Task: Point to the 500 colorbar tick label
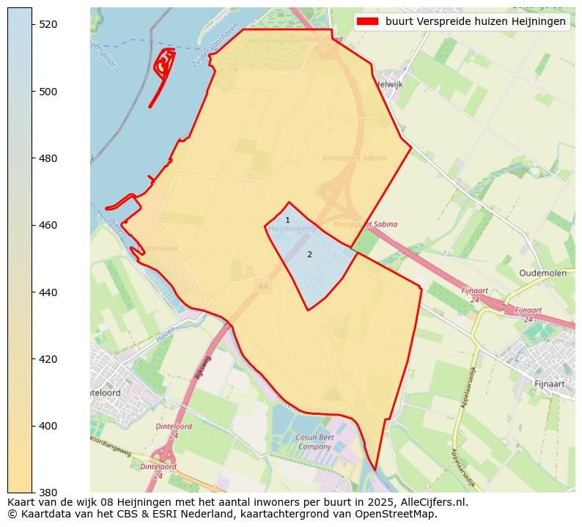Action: click(x=48, y=92)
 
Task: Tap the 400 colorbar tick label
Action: click(x=48, y=426)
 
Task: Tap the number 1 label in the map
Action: click(x=287, y=220)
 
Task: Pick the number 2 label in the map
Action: click(x=309, y=254)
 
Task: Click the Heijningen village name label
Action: click(x=290, y=229)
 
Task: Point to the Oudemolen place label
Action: click(x=542, y=273)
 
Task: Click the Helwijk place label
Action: click(x=388, y=84)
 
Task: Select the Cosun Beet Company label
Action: click(x=314, y=442)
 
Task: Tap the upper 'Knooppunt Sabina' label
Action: click(x=354, y=158)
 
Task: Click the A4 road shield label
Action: click(x=262, y=286)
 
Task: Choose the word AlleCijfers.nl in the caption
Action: click(x=432, y=502)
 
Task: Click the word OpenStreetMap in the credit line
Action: click(x=401, y=514)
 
